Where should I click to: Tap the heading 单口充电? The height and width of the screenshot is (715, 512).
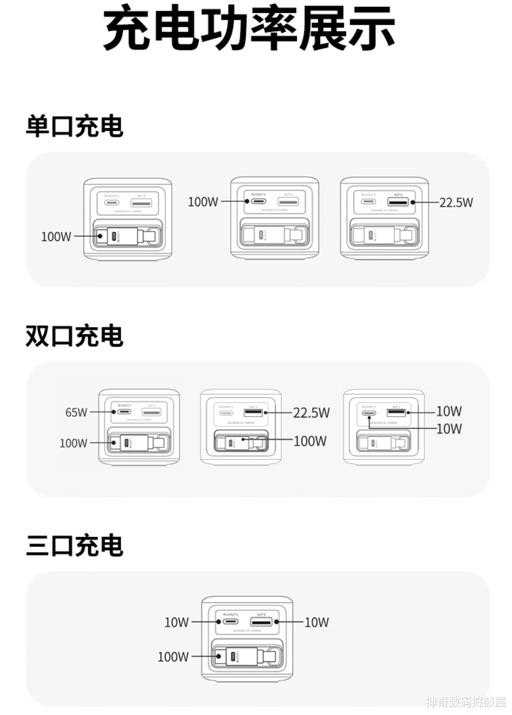click(75, 126)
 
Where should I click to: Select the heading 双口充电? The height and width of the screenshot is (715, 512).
click(75, 336)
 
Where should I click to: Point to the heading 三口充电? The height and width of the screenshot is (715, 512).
click(75, 546)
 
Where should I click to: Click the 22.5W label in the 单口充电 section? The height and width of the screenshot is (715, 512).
click(456, 202)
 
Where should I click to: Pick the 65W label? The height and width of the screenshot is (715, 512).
click(76, 412)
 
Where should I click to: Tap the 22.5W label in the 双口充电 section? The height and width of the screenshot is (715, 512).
click(311, 413)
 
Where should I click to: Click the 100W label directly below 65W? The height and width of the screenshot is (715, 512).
click(73, 443)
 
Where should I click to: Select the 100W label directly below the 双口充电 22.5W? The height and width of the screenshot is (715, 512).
click(310, 441)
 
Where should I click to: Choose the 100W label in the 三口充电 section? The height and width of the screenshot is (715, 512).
click(173, 657)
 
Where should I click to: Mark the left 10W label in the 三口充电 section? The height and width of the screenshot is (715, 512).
click(177, 622)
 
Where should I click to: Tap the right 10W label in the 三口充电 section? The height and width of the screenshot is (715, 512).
click(316, 622)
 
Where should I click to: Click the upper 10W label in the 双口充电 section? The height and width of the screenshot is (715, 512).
click(449, 412)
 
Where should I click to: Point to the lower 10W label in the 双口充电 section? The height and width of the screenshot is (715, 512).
click(449, 429)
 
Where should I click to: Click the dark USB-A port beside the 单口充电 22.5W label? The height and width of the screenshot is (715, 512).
click(398, 202)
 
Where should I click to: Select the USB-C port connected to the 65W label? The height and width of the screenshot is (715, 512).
click(124, 412)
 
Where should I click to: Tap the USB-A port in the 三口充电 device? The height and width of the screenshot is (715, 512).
click(261, 622)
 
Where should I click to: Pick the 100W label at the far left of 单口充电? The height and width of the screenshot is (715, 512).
click(56, 237)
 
